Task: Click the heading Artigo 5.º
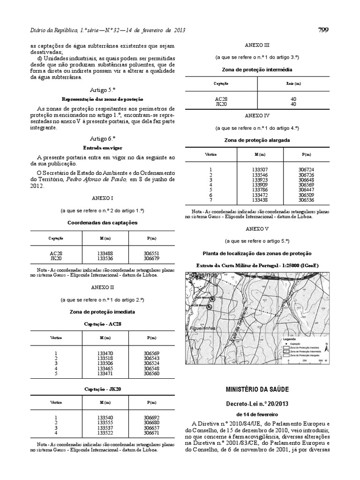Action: click(x=103, y=89)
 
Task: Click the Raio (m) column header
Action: click(x=293, y=83)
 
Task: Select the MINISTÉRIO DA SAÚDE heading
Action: click(x=257, y=390)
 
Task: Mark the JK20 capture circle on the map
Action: click(x=212, y=299)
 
